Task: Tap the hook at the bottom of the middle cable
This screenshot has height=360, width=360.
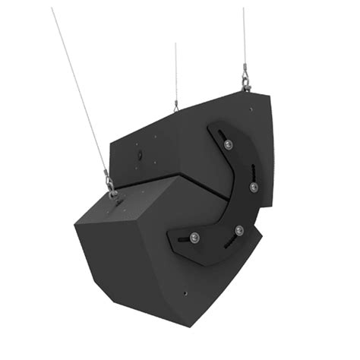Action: [176, 106]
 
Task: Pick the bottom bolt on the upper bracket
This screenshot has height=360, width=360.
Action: [253, 186]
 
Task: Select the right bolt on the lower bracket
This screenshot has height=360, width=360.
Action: [239, 229]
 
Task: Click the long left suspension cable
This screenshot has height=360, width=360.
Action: [80, 95]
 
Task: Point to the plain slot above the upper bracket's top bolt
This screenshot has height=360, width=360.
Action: [223, 131]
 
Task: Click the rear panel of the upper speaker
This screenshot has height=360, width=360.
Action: [144, 152]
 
